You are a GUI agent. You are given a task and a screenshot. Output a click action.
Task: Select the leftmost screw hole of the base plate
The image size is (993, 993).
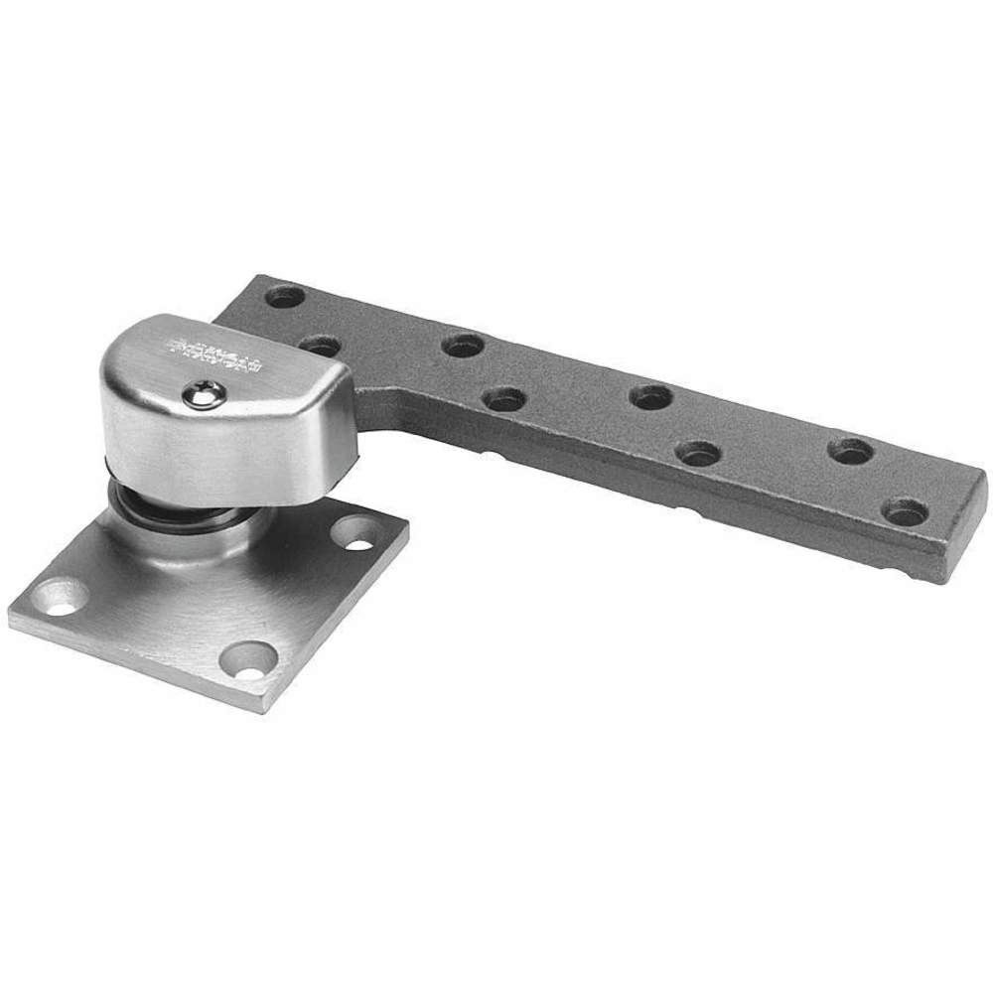click(63, 598)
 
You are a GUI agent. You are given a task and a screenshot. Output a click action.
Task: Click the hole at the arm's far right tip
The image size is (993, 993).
click(906, 512)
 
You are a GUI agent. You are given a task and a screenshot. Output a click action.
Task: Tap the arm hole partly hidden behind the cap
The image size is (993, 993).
click(320, 345)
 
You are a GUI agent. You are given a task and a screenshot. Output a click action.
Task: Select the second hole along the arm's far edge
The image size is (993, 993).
click(462, 346)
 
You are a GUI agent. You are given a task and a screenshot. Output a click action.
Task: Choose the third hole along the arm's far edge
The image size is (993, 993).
click(651, 397)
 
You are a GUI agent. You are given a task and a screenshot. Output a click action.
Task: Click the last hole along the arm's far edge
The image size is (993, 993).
click(851, 450)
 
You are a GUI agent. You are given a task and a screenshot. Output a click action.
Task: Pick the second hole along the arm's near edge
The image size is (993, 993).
click(504, 399)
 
